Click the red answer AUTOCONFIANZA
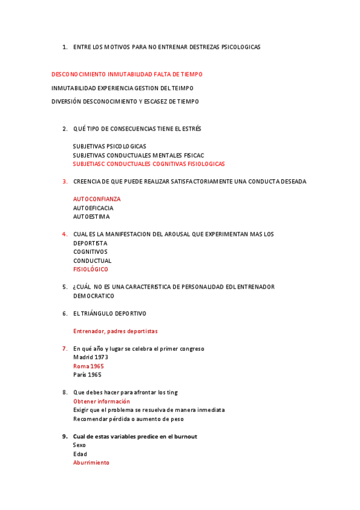pyautogui.click(x=96, y=199)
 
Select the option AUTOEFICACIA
pyautogui.click(x=93, y=208)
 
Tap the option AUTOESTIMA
pyautogui.click(x=91, y=217)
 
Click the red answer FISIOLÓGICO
pyautogui.click(x=91, y=269)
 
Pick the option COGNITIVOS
pyautogui.click(x=90, y=252)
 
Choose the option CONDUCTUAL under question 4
pyautogui.click(x=92, y=261)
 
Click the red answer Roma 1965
pyautogui.click(x=88, y=366)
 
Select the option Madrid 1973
pyautogui.click(x=90, y=357)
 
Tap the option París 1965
pyautogui.click(x=87, y=375)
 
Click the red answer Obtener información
pyautogui.click(x=101, y=401)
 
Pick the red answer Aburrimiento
pyautogui.click(x=91, y=462)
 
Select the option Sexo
pyautogui.click(x=80, y=445)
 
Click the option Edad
pyautogui.click(x=80, y=454)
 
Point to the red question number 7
pyautogui.click(x=64, y=348)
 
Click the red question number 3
pyautogui.click(x=64, y=182)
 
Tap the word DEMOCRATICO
pyautogui.click(x=93, y=296)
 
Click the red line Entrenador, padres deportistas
pyautogui.click(x=115, y=331)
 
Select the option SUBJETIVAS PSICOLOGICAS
pyautogui.click(x=109, y=146)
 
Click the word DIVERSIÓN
pyautogui.click(x=66, y=102)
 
